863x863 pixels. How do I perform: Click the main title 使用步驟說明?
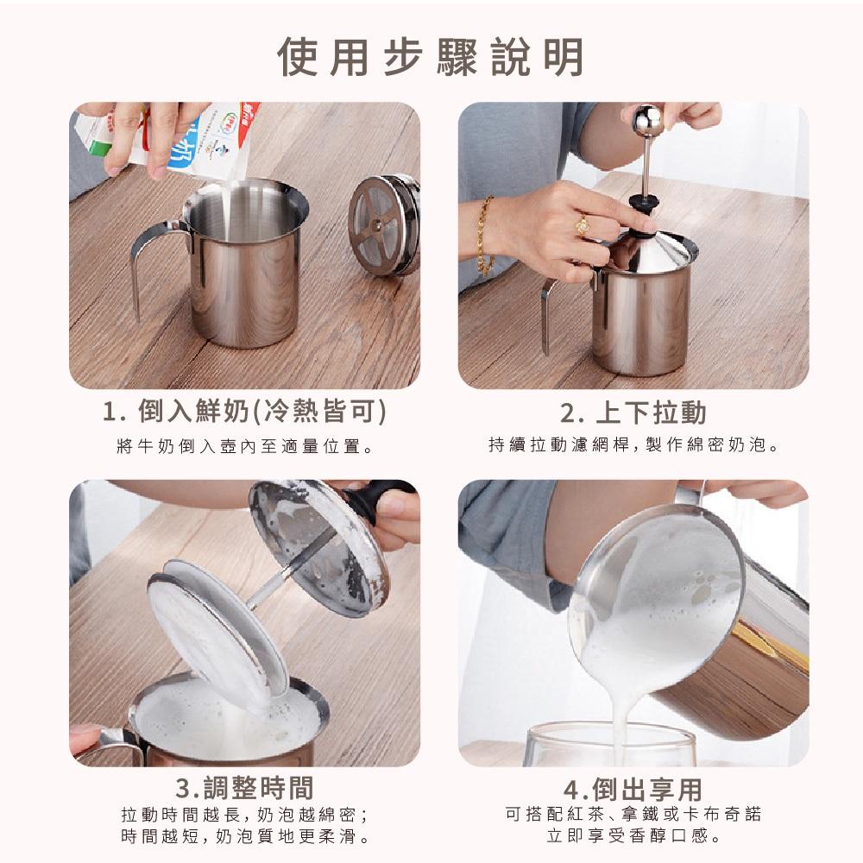click(431, 57)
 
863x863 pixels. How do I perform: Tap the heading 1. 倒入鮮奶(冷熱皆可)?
click(244, 413)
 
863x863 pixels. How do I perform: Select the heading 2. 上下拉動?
click(633, 413)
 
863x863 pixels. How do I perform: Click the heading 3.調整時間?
click(244, 787)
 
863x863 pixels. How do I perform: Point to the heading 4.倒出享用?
click(633, 789)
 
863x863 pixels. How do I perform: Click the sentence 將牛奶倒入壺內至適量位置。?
click(244, 447)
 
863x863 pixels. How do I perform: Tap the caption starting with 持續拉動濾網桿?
click(633, 446)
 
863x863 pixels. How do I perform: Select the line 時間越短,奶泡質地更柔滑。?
click(244, 836)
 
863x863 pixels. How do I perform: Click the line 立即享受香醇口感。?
click(633, 836)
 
